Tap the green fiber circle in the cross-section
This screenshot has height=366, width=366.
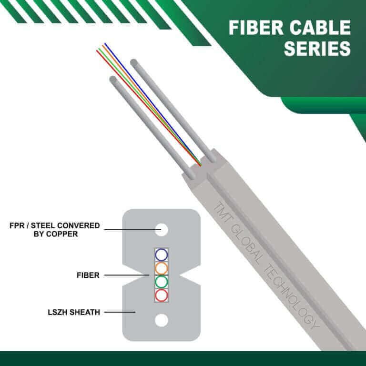point(162,281)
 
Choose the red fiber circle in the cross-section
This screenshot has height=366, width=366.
point(162,295)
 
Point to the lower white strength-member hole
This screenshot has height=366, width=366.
point(162,320)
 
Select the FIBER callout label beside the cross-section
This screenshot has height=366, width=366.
point(85,275)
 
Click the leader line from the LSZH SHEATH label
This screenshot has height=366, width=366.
point(120,313)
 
